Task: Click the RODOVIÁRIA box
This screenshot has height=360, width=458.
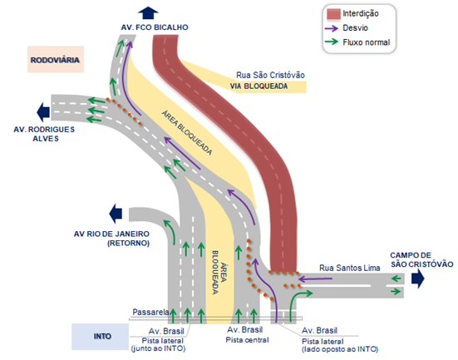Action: pos(56,59)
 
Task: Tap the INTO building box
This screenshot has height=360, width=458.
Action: pos(101,337)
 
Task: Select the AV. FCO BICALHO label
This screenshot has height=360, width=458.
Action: pos(155,27)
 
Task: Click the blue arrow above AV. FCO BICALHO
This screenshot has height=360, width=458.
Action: pos(148,12)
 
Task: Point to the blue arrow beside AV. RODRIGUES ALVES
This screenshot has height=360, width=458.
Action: pos(43,112)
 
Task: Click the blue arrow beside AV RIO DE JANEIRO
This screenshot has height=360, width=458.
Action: pos(116,214)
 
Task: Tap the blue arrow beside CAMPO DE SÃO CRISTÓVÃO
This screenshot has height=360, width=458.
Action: pos(418,279)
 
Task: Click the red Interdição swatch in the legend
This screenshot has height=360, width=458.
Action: pos(333,14)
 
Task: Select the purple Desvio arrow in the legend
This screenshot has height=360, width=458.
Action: pos(331,28)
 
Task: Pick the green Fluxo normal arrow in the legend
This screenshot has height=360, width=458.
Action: pos(331,42)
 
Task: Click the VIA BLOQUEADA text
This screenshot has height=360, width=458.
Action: pos(259,86)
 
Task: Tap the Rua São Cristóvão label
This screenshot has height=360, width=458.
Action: pos(270,75)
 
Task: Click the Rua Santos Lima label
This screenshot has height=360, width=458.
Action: pos(350,268)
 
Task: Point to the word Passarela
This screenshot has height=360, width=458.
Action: pos(150,312)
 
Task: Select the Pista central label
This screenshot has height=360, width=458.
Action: pos(247,340)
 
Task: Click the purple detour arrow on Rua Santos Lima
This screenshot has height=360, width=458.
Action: pos(316,279)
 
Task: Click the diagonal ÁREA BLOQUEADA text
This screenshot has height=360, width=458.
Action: pos(187,133)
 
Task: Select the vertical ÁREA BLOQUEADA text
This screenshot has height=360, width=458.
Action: pos(219,273)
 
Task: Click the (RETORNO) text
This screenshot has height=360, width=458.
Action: pos(129,243)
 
